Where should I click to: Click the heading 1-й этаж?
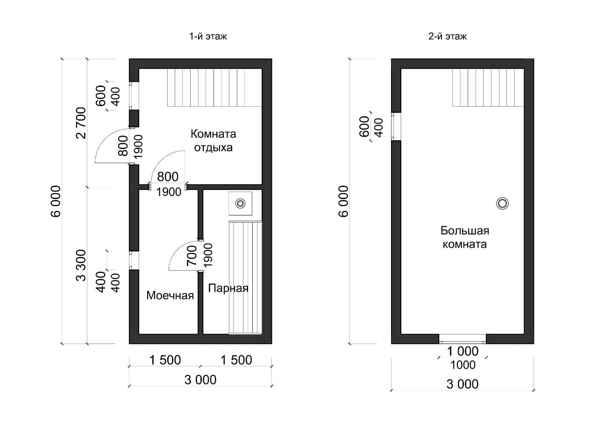(x=208, y=36)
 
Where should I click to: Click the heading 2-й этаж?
(x=448, y=36)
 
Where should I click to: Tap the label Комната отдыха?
(x=214, y=141)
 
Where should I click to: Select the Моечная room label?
(x=170, y=295)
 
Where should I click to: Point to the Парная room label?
(x=228, y=288)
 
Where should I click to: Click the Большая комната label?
(x=465, y=237)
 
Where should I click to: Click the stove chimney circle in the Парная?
(x=240, y=203)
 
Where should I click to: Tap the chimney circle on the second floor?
(x=502, y=203)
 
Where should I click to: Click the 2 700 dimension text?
(x=81, y=123)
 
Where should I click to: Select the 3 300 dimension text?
(x=81, y=265)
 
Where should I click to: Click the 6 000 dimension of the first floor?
(x=56, y=201)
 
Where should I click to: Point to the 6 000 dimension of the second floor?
(x=344, y=201)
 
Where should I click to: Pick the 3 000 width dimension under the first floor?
(x=200, y=380)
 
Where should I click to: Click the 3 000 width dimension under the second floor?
(x=463, y=384)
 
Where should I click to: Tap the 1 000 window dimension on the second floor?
(x=463, y=351)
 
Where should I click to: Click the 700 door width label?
(x=192, y=256)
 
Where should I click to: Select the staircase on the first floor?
(x=214, y=87)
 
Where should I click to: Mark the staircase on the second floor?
(x=488, y=87)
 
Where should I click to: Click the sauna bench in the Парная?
(x=245, y=277)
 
